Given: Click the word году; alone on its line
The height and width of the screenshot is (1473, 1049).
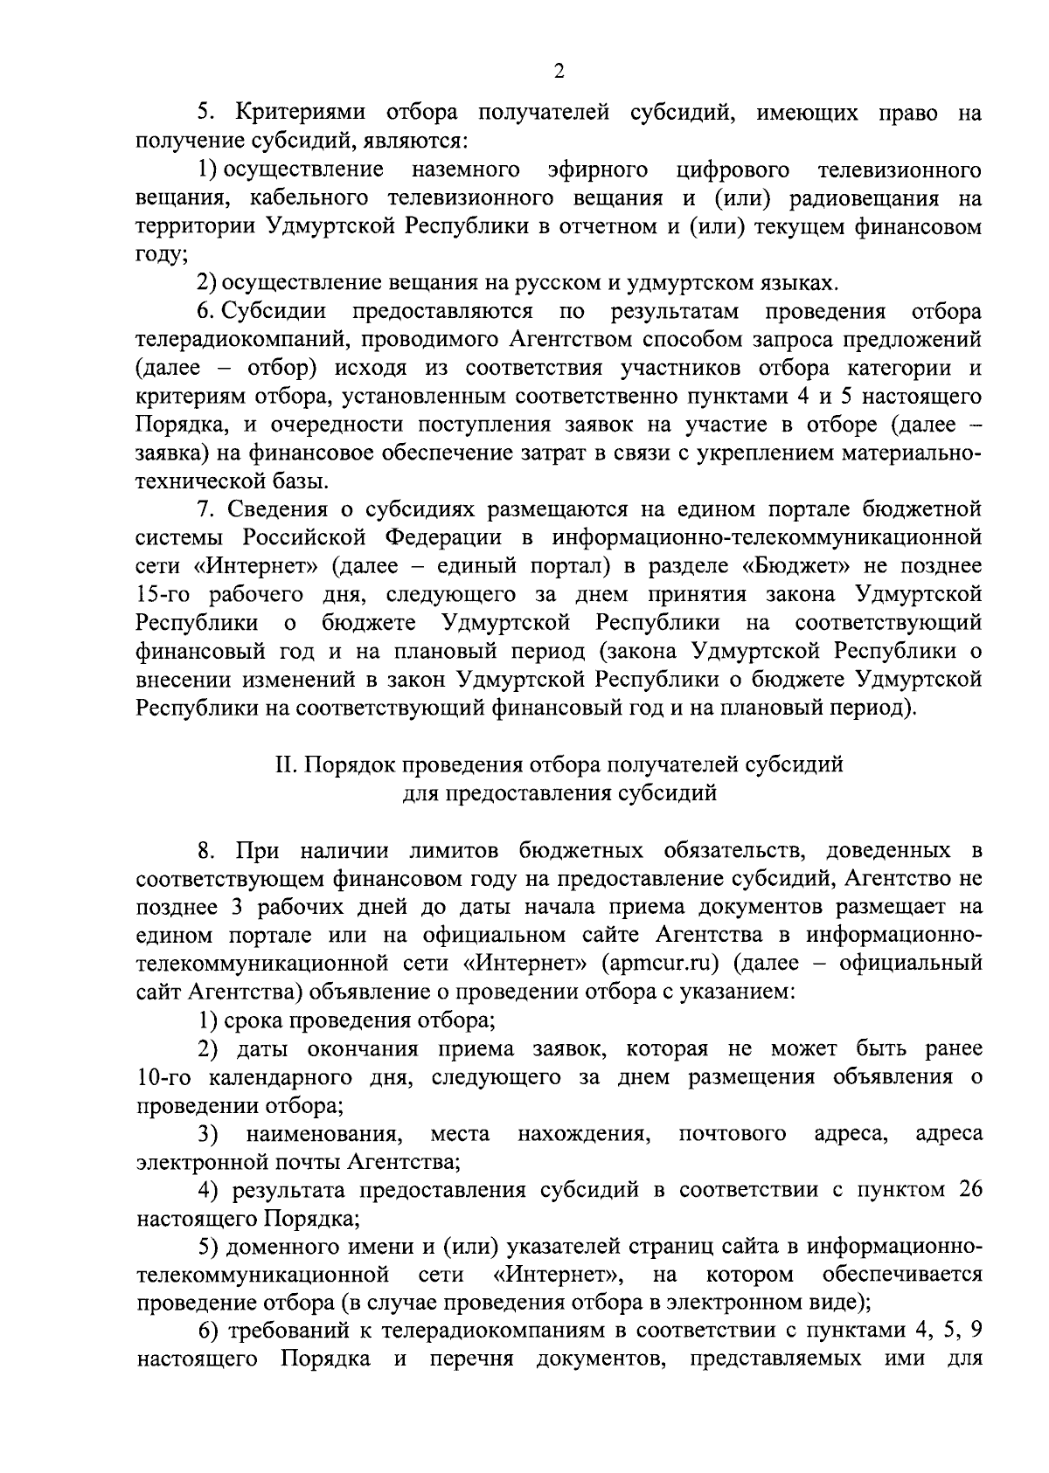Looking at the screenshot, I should (161, 254).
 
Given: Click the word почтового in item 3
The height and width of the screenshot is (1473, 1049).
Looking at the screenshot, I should (732, 1133).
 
